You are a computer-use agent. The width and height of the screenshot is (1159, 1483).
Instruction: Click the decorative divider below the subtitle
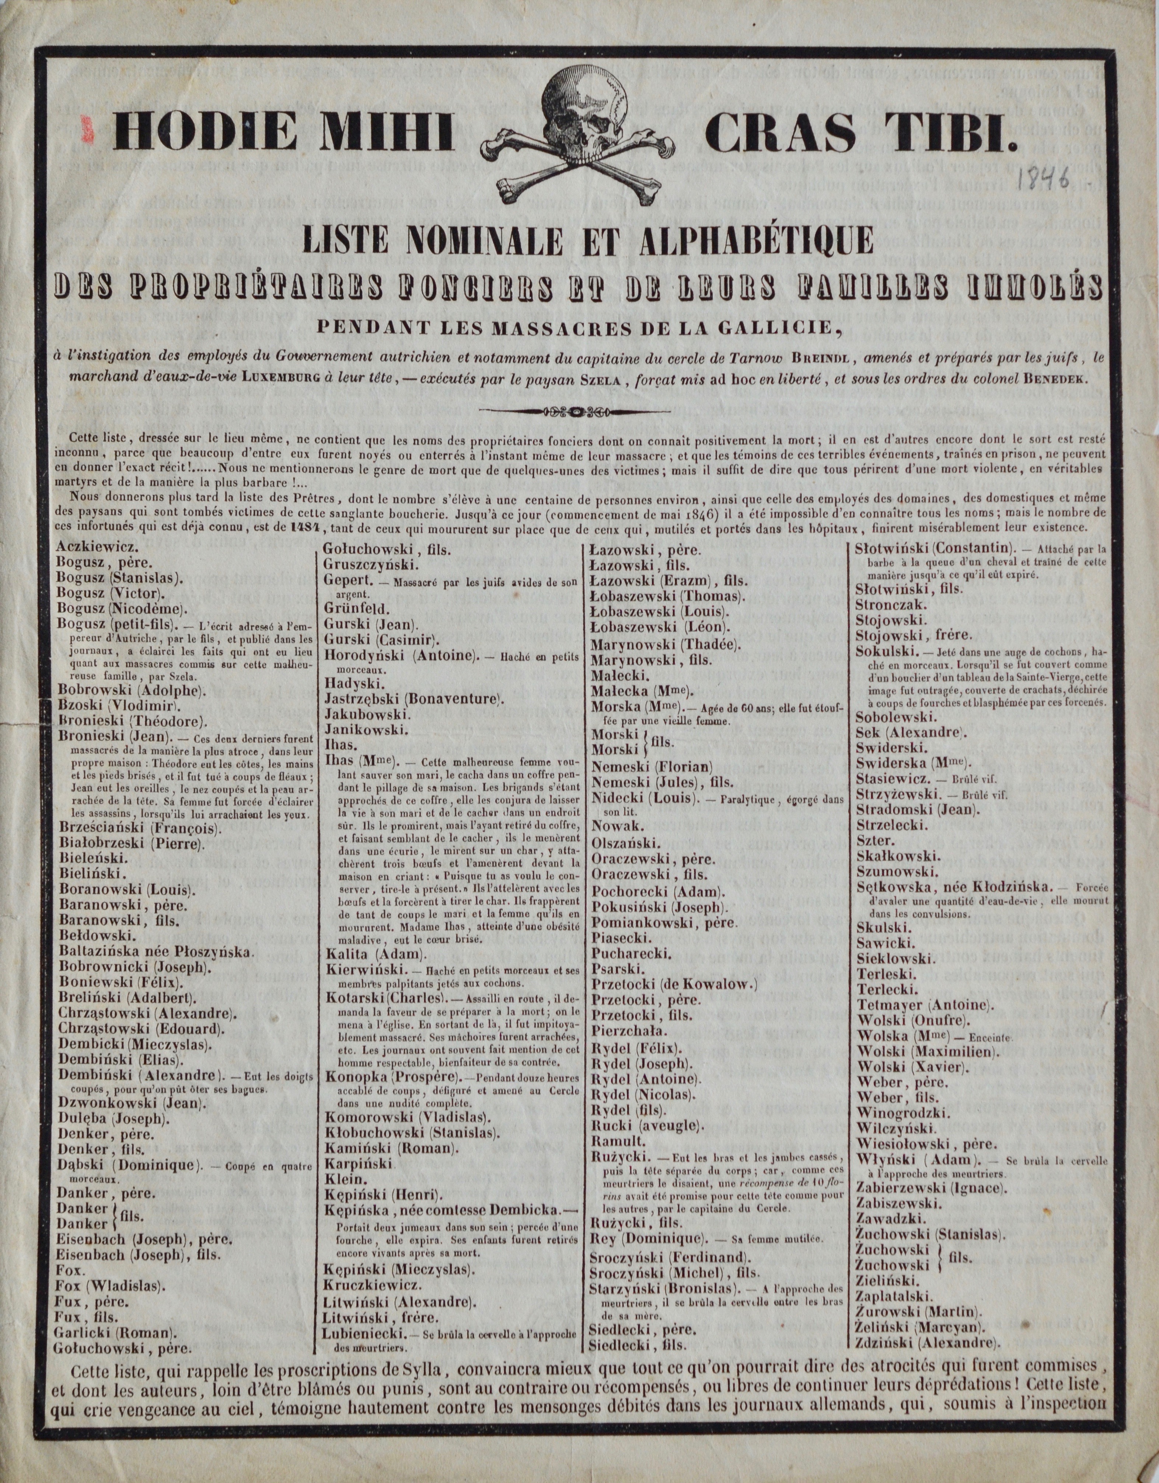point(579,411)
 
